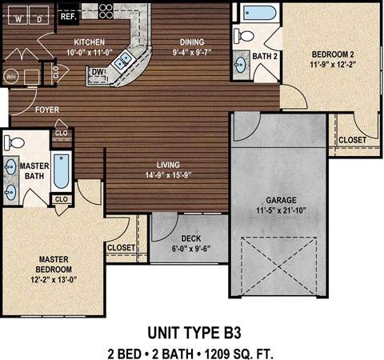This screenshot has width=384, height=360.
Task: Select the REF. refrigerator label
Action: point(68,14)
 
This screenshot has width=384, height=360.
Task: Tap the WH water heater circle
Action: point(11,77)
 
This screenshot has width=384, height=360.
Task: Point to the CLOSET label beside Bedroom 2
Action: point(352,140)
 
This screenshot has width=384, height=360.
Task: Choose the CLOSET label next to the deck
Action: point(121,248)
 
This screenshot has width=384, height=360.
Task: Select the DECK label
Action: point(190,238)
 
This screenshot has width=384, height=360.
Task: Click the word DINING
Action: point(191,42)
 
